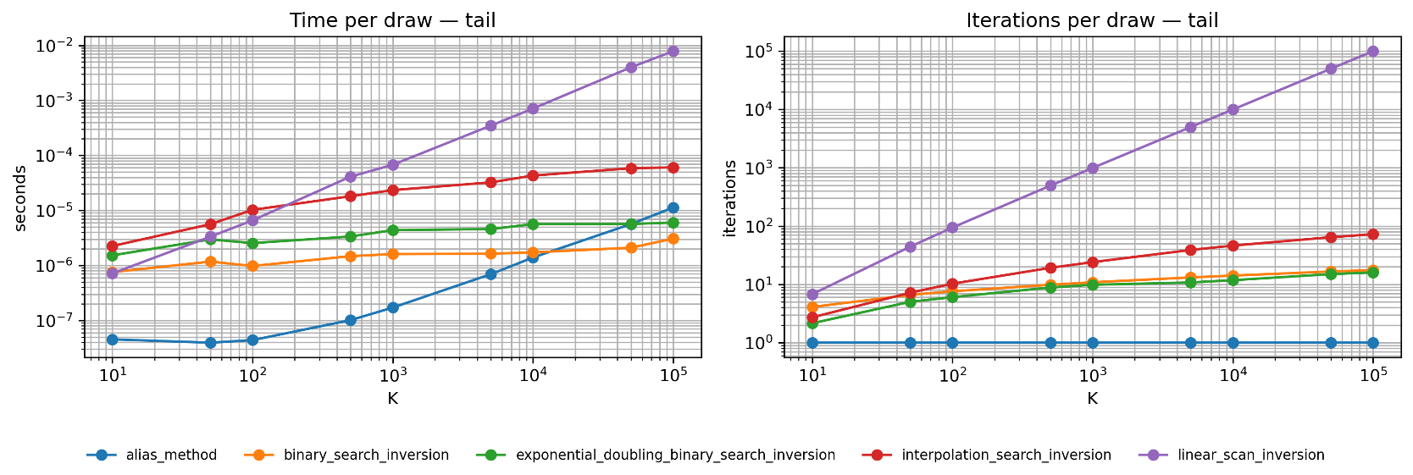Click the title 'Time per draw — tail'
392,20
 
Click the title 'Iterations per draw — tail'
1092,20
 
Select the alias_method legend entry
152,455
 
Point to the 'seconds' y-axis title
21,197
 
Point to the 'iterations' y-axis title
729,197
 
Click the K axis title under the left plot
392,399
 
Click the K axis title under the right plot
1092,399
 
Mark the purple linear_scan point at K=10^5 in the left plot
673,51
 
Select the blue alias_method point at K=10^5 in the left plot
673,207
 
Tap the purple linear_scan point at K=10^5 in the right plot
1372,51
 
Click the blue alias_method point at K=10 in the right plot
812,343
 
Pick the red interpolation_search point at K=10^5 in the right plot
1372,234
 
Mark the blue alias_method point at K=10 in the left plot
112,339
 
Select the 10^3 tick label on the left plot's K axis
392,377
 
